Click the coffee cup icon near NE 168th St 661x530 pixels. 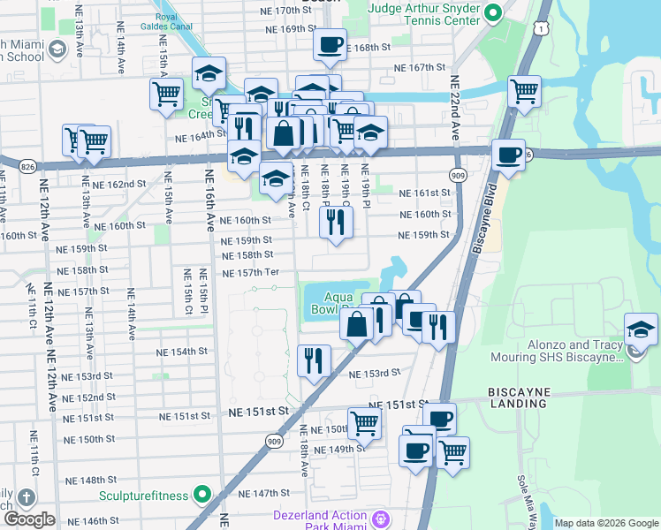click(x=330, y=44)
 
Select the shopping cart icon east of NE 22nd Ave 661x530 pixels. click(x=525, y=90)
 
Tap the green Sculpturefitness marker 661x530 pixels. click(x=202, y=494)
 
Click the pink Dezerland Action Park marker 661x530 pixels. click(x=381, y=517)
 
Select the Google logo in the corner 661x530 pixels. click(x=29, y=519)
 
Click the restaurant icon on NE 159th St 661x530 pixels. click(x=335, y=222)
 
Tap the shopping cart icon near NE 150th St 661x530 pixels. click(x=364, y=424)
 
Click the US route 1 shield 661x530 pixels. click(x=538, y=29)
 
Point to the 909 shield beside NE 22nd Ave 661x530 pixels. click(x=458, y=175)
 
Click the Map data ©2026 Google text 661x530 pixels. click(x=606, y=523)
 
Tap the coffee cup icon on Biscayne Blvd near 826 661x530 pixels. click(x=508, y=155)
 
